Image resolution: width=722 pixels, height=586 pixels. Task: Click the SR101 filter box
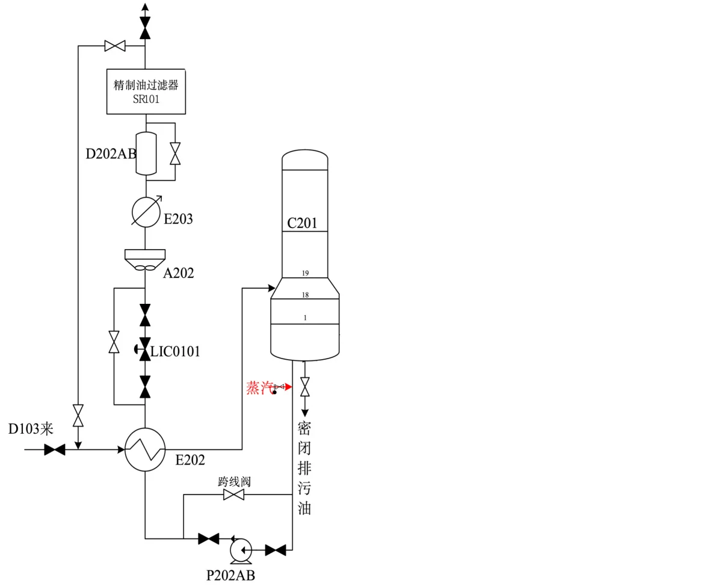pos(146,91)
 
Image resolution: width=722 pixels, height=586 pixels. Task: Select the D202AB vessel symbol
pos(146,153)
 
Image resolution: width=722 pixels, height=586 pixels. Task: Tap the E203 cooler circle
pos(146,212)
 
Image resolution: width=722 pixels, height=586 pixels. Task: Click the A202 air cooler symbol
pos(145,260)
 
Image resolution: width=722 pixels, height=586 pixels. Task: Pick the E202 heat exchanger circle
pos(145,449)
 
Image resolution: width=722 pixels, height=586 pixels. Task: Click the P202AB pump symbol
pos(241,550)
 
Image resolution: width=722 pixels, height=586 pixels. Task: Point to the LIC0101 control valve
pos(144,349)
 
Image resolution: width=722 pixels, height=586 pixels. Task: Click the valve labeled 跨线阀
pos(233,495)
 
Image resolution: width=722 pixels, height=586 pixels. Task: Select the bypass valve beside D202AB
pos(175,153)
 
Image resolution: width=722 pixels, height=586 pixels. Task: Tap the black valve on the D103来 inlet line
pos(55,450)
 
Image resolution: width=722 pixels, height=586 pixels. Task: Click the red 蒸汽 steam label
pos(260,387)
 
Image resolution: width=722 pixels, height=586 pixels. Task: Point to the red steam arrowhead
pos(288,387)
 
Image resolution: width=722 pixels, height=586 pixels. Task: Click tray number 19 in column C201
pos(305,273)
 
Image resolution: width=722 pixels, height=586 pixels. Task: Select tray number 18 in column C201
pos(305,295)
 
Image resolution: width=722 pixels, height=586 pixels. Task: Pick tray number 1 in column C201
pos(305,318)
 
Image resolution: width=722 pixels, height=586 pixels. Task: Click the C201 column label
pos(301,223)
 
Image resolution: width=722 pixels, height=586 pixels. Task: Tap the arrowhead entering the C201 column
pos(271,288)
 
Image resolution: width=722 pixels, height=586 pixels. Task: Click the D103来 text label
pos(31,429)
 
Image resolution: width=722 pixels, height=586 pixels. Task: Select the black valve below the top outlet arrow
pos(145,28)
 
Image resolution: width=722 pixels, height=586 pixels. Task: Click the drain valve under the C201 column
pos(305,387)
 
